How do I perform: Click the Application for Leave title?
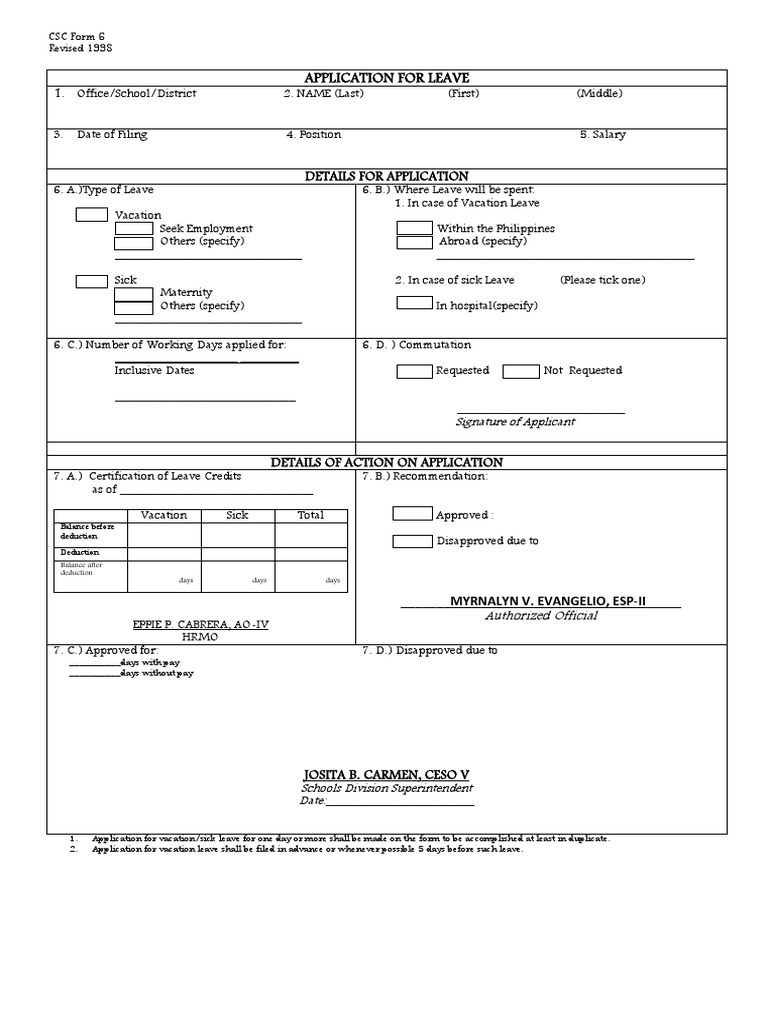pos(385,78)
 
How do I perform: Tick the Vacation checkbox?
pos(92,214)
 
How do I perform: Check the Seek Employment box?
pos(134,228)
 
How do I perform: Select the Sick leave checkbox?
pos(92,281)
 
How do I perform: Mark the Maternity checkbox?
pos(134,293)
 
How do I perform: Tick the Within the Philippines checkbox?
pos(415,228)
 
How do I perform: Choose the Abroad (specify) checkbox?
pos(415,242)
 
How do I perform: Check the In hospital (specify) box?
pos(414,303)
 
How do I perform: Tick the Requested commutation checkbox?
pos(414,371)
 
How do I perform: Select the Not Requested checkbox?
pos(521,371)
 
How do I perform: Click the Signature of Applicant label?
pos(516,422)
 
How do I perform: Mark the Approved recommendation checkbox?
pos(412,514)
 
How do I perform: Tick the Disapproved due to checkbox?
pos(412,541)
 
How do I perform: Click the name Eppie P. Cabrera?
pos(201,623)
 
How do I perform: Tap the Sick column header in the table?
pos(237,515)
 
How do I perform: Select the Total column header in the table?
pos(311,515)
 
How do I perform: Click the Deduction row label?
pos(79,552)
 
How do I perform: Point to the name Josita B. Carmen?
pos(385,775)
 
